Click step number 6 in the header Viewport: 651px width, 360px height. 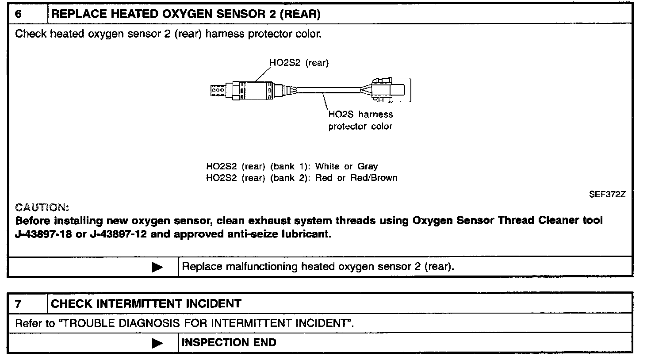[19, 14]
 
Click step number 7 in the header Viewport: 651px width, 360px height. [19, 304]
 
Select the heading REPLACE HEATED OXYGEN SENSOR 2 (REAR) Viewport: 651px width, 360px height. [186, 14]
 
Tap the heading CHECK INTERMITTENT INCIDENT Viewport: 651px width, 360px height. [146, 304]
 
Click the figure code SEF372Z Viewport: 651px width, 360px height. [607, 194]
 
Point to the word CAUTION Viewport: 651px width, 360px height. [42, 207]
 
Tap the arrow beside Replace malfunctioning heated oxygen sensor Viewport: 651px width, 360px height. [157, 267]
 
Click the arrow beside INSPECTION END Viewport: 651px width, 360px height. [157, 343]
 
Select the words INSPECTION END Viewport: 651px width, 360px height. [229, 343]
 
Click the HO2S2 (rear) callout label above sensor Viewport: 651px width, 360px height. [299, 63]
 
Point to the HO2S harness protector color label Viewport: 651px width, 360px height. [360, 120]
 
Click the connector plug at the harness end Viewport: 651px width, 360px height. [391, 90]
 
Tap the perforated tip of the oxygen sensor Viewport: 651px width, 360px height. [217, 90]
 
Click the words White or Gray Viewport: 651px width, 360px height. [346, 167]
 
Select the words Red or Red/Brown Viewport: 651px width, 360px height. [356, 178]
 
